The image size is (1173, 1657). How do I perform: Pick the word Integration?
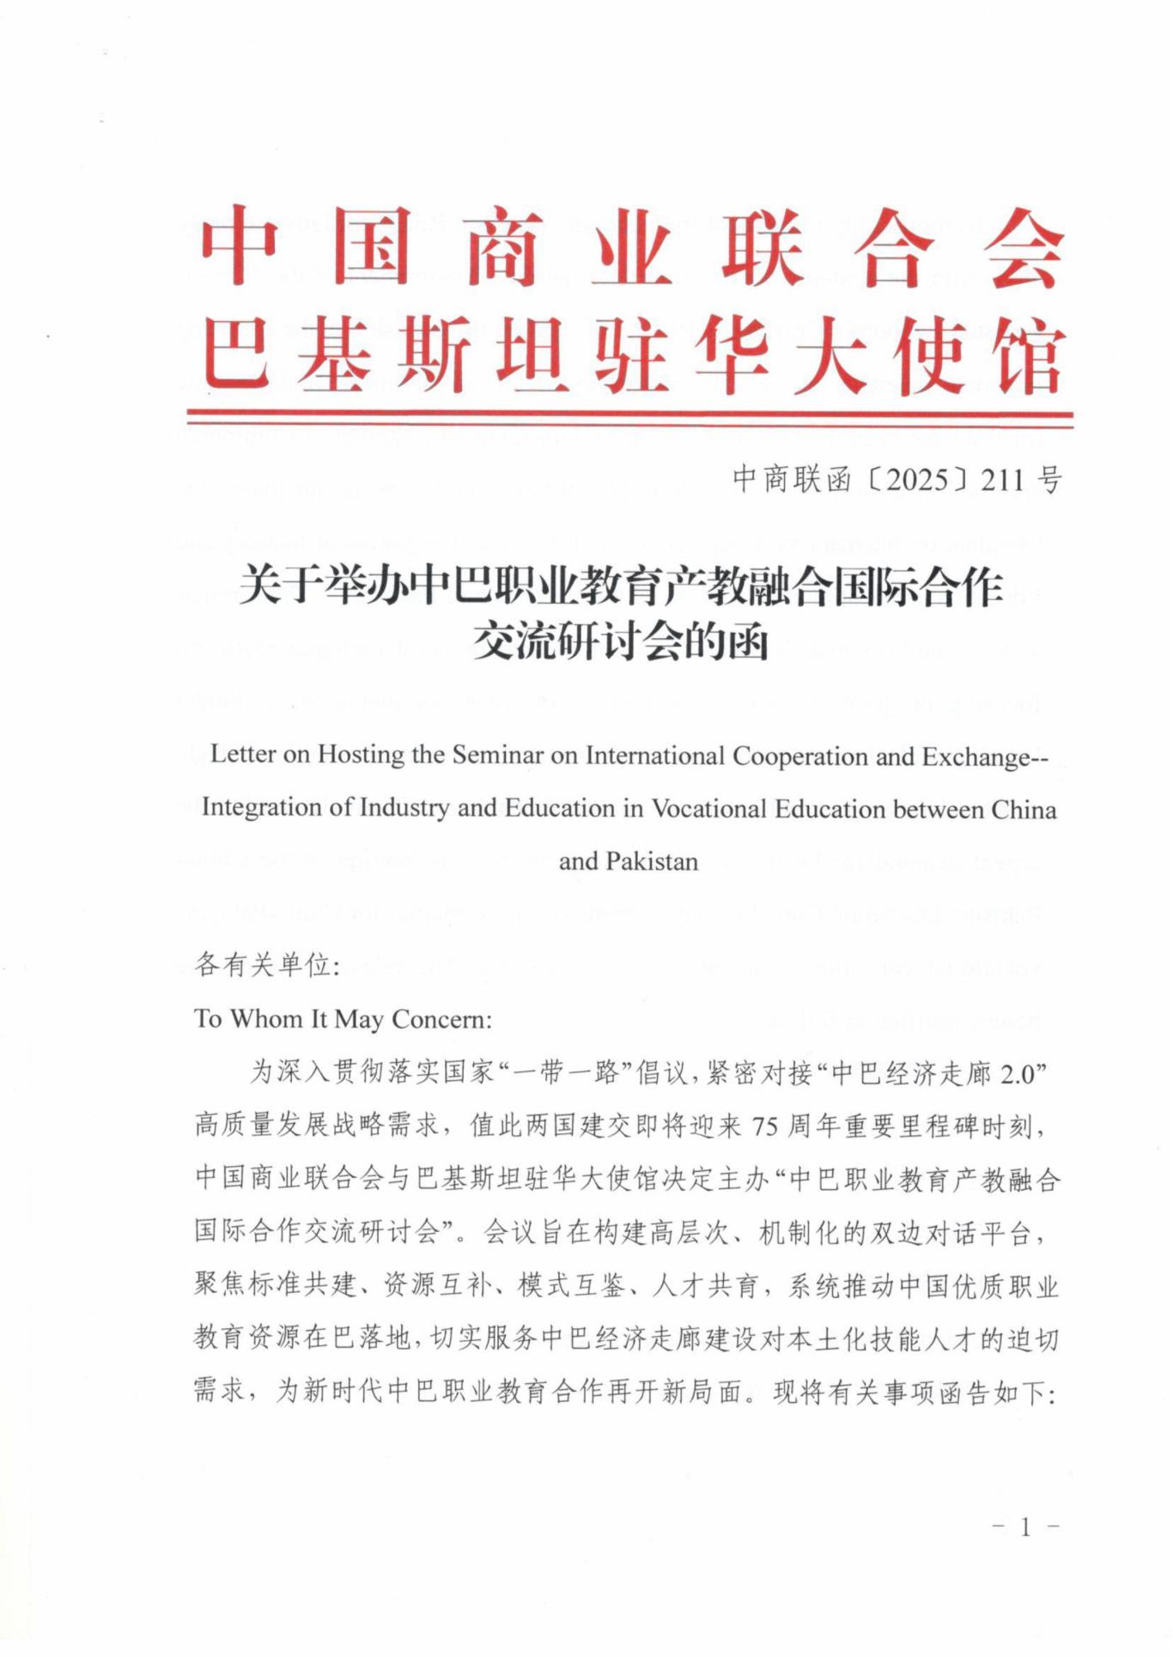268,808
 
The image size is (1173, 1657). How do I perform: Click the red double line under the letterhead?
629,418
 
